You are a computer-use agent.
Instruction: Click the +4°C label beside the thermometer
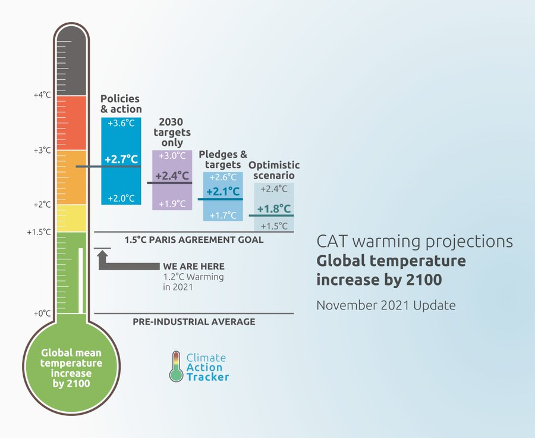point(42,95)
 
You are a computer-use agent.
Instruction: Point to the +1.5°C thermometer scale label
point(39,232)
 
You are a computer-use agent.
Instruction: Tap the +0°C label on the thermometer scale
point(42,313)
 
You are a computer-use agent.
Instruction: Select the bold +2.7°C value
point(121,159)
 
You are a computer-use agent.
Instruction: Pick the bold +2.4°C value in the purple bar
point(172,176)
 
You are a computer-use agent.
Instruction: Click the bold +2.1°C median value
point(223,192)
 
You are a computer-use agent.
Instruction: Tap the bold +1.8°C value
point(274,209)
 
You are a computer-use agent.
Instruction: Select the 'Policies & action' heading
point(121,104)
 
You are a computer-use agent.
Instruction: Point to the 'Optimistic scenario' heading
point(274,170)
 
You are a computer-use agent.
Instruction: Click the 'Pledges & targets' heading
point(223,159)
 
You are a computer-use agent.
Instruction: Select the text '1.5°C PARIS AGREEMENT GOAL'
point(194,240)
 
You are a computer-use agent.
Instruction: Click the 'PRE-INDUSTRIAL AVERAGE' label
point(194,322)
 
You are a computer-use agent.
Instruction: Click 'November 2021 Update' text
point(386,305)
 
